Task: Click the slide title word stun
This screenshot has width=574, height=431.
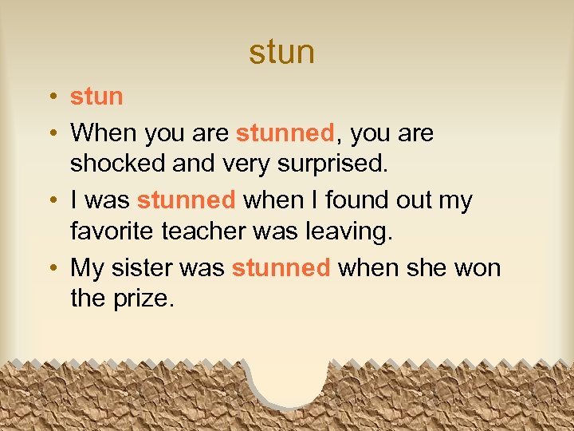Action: point(281,53)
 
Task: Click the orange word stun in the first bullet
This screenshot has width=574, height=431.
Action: point(96,97)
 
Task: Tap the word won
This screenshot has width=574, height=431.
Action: point(476,268)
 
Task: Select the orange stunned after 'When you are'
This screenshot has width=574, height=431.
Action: point(285,132)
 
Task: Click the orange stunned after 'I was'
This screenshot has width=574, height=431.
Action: point(186,200)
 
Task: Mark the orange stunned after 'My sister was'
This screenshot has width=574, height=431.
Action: point(281,268)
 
